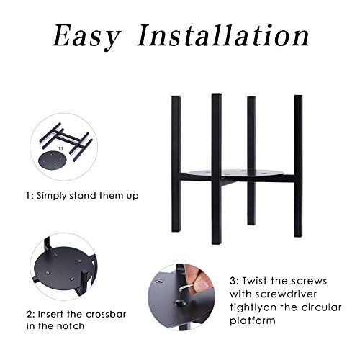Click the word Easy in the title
[x=86, y=37]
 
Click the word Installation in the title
[x=223, y=35]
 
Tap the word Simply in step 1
[x=51, y=196]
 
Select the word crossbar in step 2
[x=106, y=314]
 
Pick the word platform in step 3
[x=253, y=321]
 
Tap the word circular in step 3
[x=322, y=307]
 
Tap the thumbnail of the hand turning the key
[x=181, y=297]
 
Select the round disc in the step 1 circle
[x=52, y=161]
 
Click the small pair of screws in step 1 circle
[x=61, y=148]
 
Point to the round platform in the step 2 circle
[x=63, y=269]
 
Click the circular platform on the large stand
[x=236, y=174]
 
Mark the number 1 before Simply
[x=29, y=196]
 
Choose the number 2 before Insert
[x=30, y=314]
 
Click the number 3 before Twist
[x=233, y=281]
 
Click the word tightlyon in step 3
[x=253, y=307]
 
